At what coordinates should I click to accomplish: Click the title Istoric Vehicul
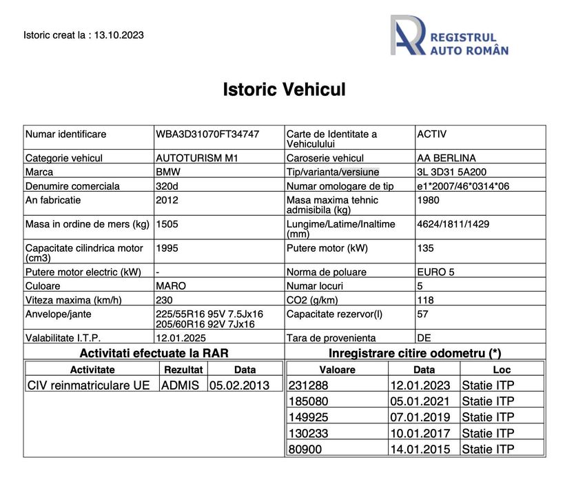[284, 90]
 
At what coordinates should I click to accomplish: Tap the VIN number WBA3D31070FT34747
[207, 134]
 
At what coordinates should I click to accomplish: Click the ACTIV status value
[432, 134]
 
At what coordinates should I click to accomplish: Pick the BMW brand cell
[168, 172]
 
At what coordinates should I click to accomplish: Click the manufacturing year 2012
[167, 200]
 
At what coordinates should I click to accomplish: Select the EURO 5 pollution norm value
[436, 272]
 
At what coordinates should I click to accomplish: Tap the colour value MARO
[172, 285]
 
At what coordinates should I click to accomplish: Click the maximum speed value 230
[165, 299]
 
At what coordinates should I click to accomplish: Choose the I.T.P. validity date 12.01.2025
[181, 338]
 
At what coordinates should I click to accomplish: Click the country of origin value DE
[424, 338]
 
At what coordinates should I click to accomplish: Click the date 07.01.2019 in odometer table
[420, 417]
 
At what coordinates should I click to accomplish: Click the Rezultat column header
[183, 370]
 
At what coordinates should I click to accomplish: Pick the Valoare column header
[338, 370]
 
